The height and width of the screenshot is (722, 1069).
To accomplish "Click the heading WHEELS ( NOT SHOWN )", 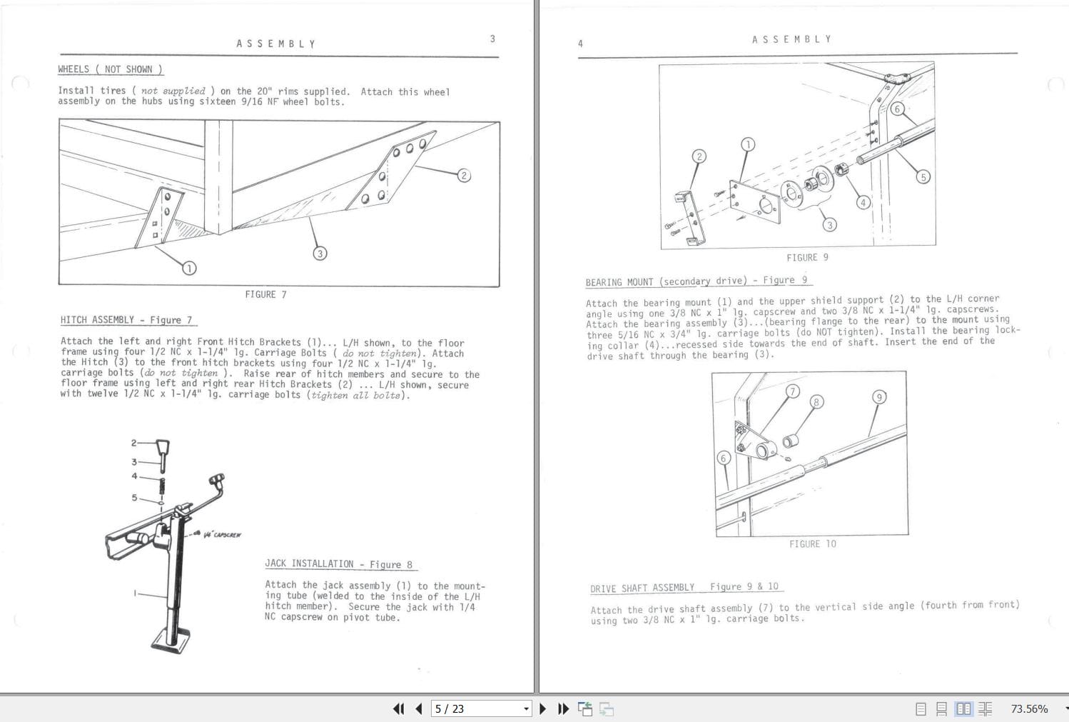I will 111,69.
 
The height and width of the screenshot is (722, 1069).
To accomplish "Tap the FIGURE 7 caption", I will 265,294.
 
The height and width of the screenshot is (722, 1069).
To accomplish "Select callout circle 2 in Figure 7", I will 464,175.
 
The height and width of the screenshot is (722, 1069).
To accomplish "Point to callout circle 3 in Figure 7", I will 320,253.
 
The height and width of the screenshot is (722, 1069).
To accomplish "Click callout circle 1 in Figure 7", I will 189,268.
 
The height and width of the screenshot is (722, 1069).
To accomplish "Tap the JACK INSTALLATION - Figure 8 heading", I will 338,564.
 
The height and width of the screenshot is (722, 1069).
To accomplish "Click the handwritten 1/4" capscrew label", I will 222,534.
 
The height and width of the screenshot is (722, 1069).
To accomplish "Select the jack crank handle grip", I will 217,479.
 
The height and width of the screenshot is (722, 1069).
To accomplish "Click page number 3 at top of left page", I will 492,39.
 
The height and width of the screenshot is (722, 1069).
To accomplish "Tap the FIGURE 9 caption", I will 807,257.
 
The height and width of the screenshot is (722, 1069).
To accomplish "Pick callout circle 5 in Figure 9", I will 923,176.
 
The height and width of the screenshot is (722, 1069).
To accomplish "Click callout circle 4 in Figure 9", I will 863,202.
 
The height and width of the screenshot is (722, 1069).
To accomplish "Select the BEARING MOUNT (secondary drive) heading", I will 696,281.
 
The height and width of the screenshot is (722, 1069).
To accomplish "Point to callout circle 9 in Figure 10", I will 879,396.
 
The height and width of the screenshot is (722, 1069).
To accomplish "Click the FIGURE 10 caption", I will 812,544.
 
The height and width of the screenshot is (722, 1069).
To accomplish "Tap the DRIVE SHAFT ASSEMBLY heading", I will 684,587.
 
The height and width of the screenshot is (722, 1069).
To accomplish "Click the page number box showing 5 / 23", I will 480,708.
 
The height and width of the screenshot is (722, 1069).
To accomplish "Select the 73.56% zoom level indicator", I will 1029,708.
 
